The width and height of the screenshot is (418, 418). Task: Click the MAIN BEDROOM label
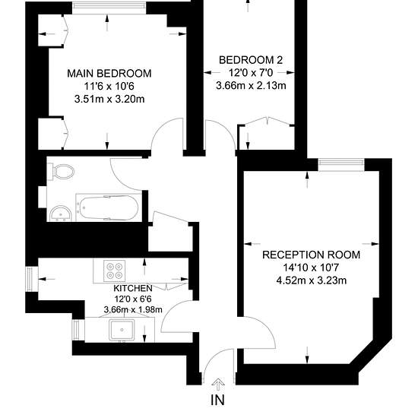(109, 74)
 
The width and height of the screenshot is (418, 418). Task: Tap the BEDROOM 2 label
(251, 60)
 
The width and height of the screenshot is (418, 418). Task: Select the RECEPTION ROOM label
(311, 255)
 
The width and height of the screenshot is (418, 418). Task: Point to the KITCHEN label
(133, 288)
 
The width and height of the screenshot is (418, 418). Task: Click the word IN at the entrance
(218, 400)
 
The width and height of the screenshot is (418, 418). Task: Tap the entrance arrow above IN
(218, 384)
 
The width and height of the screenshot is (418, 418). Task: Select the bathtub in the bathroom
(109, 207)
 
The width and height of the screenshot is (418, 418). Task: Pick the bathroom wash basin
(61, 214)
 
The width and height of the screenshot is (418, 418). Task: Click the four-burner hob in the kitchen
(114, 271)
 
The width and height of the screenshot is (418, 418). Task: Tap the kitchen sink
(122, 330)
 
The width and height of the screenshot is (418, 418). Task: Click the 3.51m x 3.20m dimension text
(109, 99)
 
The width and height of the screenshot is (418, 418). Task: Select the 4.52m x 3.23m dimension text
(311, 280)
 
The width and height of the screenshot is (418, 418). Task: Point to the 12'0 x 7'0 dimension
(251, 73)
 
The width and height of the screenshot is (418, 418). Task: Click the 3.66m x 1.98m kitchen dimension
(133, 310)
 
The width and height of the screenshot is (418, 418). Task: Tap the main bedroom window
(109, 8)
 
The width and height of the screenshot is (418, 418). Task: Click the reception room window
(341, 165)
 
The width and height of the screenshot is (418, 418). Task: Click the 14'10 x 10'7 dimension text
(311, 268)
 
